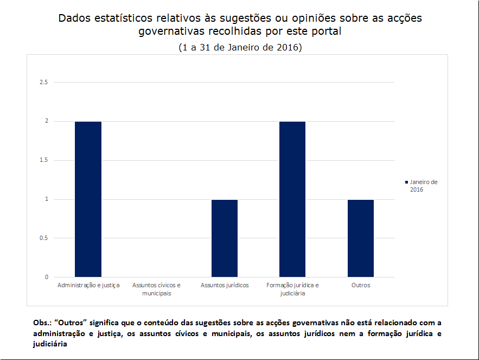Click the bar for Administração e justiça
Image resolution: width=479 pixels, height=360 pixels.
[88, 199]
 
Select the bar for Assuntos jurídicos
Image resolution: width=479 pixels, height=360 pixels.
[225, 238]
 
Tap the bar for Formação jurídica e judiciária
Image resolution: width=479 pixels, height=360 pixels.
[292, 199]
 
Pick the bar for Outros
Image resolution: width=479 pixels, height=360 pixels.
[361, 238]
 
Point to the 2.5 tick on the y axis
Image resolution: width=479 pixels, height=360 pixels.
[43, 82]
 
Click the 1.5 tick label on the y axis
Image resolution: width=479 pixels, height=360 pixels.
[43, 160]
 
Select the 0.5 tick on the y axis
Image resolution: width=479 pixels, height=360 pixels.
[43, 238]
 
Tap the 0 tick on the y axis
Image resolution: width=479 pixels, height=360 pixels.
[47, 277]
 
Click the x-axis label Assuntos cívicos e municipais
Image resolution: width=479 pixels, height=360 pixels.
[156, 289]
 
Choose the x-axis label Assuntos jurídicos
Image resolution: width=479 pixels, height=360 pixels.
[225, 285]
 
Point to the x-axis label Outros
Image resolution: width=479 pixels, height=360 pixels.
[361, 285]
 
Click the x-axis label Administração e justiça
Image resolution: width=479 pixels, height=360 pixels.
[88, 285]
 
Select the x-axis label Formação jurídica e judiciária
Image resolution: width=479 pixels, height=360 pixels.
[292, 289]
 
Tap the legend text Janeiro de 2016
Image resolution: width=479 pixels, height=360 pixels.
[423, 186]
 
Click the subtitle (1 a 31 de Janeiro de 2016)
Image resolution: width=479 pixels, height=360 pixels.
[240, 47]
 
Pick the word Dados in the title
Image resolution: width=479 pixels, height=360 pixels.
[73, 18]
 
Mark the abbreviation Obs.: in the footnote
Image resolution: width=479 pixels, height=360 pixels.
[43, 323]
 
